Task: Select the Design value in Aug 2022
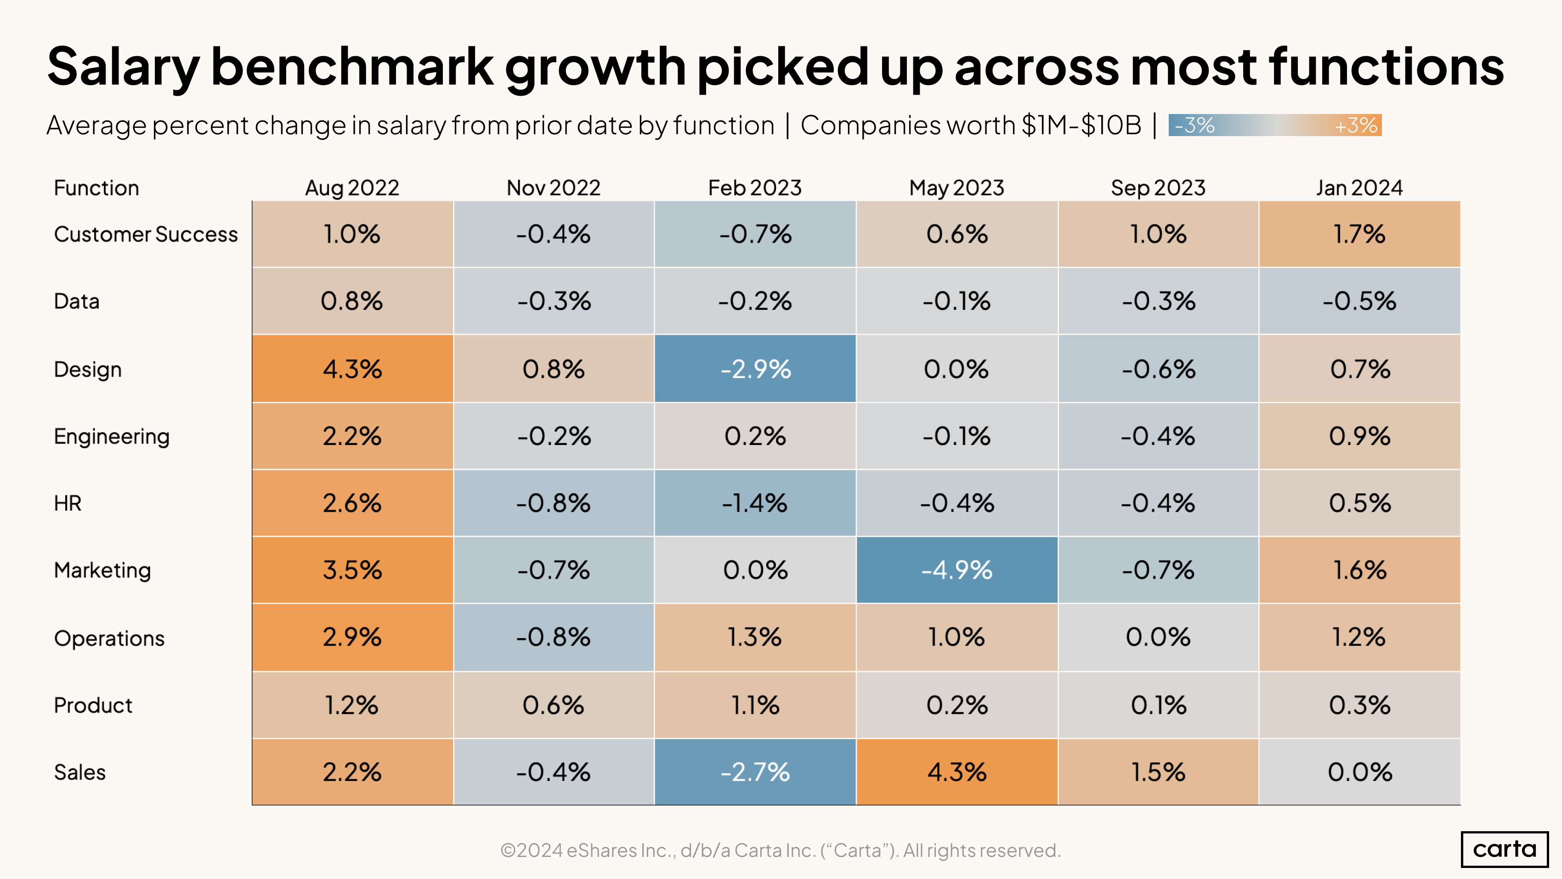[x=352, y=369]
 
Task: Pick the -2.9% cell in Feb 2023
[x=755, y=369]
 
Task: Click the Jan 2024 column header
[x=1359, y=188]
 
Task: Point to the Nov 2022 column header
[x=553, y=188]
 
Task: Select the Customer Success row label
[x=146, y=234]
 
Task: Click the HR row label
[x=68, y=503]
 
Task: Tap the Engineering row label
[x=112, y=436]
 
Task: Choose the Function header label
[x=96, y=188]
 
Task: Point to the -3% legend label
[x=1194, y=126]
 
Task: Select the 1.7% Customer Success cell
[x=1359, y=234]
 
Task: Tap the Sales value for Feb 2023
[x=755, y=771]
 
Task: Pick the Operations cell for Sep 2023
[x=1158, y=637]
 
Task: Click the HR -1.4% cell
[x=755, y=503]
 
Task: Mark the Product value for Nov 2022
[x=553, y=705]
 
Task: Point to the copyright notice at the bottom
[x=781, y=850]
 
